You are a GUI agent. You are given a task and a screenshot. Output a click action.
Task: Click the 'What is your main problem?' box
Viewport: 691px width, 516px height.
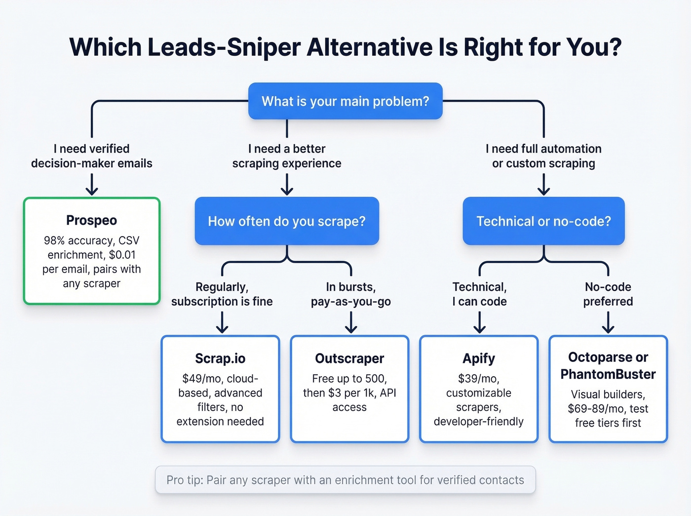click(x=345, y=101)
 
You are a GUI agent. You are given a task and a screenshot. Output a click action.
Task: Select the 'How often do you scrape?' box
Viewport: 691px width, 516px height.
click(x=287, y=221)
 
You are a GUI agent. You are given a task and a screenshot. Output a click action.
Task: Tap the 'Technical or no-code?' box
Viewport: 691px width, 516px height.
click(x=543, y=221)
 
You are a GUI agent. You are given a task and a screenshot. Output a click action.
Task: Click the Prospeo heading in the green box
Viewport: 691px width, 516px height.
click(x=92, y=220)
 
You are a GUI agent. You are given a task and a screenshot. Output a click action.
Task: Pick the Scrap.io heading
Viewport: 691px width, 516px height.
click(x=220, y=358)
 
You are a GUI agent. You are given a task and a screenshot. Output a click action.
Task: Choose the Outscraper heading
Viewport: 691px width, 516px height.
click(x=349, y=358)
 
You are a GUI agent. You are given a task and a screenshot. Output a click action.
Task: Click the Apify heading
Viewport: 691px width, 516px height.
click(x=479, y=358)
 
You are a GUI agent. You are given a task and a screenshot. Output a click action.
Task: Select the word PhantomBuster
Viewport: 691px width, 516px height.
click(x=608, y=374)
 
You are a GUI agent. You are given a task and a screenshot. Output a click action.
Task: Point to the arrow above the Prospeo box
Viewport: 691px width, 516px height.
click(x=92, y=186)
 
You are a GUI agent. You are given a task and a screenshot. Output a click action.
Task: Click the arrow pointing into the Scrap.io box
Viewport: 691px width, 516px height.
click(x=222, y=323)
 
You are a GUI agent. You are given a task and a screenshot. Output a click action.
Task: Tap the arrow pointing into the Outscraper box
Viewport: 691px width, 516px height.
click(x=351, y=323)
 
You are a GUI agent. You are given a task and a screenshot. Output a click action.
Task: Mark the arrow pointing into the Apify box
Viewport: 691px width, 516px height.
click(x=480, y=323)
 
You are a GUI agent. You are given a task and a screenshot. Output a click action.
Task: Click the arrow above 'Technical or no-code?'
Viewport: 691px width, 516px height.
click(x=543, y=186)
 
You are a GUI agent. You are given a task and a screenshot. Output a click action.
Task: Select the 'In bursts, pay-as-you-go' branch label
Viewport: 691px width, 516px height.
click(x=351, y=294)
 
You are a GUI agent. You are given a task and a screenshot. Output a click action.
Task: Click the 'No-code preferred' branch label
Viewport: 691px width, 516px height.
click(x=608, y=294)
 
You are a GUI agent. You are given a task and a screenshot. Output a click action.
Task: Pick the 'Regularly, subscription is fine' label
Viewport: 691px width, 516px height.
click(x=222, y=294)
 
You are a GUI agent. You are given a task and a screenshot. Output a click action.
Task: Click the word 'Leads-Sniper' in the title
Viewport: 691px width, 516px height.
click(x=224, y=47)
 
